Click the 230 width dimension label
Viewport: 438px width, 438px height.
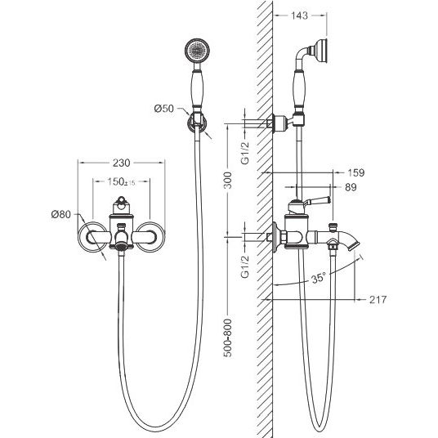pos(122,163)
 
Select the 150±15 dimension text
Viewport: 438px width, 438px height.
pos(121,182)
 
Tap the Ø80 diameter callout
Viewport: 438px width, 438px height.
pos(61,215)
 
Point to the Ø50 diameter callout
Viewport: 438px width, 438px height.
pos(164,108)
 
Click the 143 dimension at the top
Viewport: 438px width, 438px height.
pos(299,16)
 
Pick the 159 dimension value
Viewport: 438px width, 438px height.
pos(356,172)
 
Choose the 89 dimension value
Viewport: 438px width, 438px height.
pos(351,187)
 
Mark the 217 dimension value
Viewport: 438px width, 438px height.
pos(378,300)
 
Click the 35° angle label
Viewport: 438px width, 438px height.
pos(319,278)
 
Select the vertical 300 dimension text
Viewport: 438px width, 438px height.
pos(228,180)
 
